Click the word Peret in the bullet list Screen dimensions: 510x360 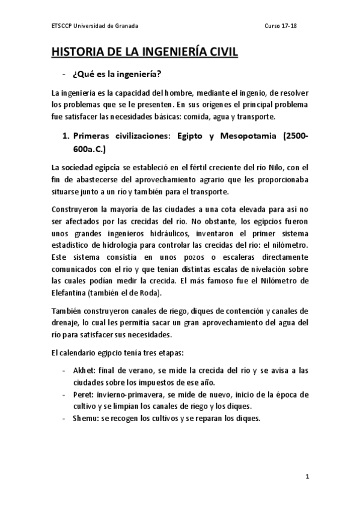point(82,395)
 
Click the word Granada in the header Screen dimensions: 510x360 point(126,26)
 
